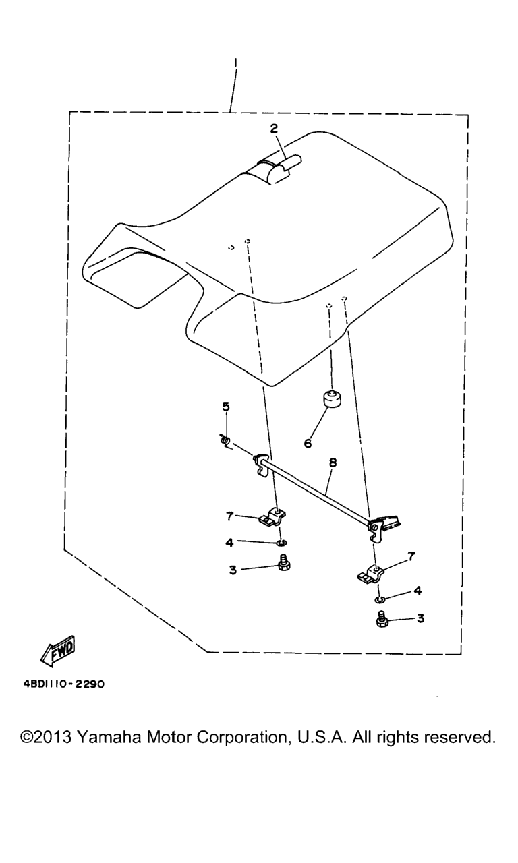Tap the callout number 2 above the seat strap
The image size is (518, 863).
point(274,128)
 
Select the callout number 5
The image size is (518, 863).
point(226,407)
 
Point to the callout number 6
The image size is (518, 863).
point(308,444)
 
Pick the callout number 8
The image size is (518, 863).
point(333,463)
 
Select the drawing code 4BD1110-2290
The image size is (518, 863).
point(63,684)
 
